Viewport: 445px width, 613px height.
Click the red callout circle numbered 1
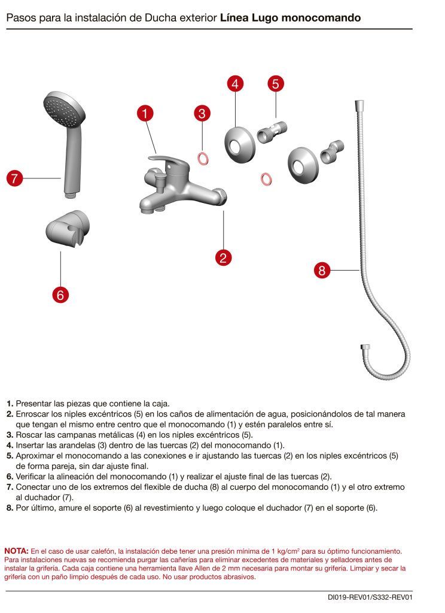coord(145,113)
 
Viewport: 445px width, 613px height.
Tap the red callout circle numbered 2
coord(223,257)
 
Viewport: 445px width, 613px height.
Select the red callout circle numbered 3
coord(203,113)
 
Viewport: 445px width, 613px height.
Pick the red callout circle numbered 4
coord(235,84)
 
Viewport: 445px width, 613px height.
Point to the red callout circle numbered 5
coord(275,84)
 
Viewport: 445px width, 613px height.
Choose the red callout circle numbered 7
coord(15,178)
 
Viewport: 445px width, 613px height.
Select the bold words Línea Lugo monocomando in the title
coord(290,19)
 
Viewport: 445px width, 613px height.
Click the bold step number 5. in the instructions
coord(10,456)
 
